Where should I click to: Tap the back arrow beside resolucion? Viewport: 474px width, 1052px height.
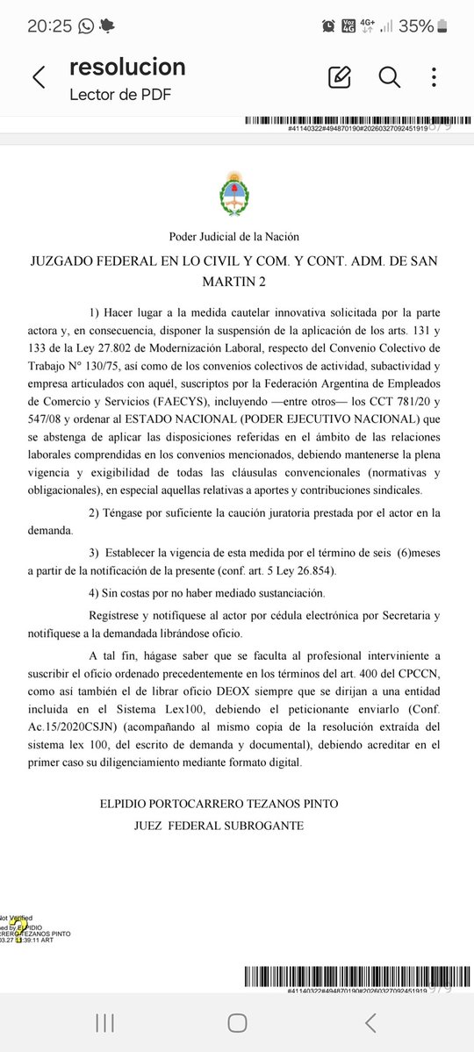(x=39, y=78)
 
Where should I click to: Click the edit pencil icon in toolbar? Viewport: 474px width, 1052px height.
(x=339, y=77)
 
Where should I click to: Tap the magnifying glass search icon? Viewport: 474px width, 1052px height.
(x=389, y=77)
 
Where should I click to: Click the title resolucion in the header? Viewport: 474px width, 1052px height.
(x=127, y=68)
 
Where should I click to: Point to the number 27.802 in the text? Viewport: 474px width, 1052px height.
(x=168, y=331)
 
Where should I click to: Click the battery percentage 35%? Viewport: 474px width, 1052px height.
(x=416, y=26)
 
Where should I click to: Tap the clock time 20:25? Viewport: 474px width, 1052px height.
(x=49, y=26)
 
